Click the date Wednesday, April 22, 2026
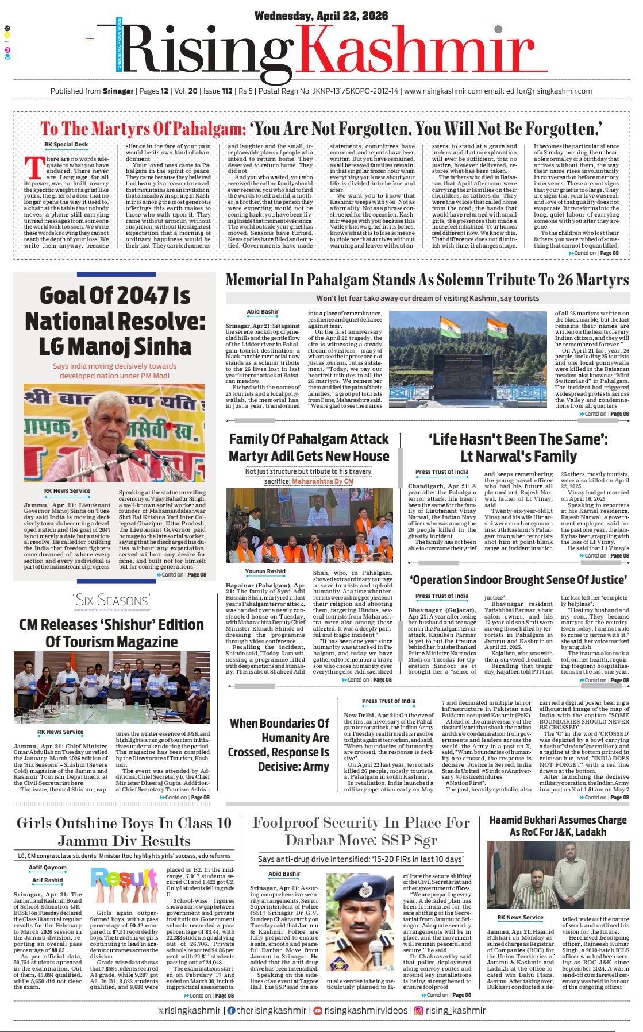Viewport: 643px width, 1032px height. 321,16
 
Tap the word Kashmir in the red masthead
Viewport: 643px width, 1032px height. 418,53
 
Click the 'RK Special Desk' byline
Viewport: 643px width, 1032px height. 66,145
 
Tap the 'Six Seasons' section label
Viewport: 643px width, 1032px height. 111,600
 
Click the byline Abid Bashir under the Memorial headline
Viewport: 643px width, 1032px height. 263,312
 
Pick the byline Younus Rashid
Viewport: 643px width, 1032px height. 265,571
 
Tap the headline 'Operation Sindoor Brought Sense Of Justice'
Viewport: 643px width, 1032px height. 518,580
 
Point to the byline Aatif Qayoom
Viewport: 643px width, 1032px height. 48,868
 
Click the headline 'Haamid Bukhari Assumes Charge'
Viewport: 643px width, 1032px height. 557,820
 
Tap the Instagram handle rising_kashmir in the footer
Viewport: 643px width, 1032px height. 456,1010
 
